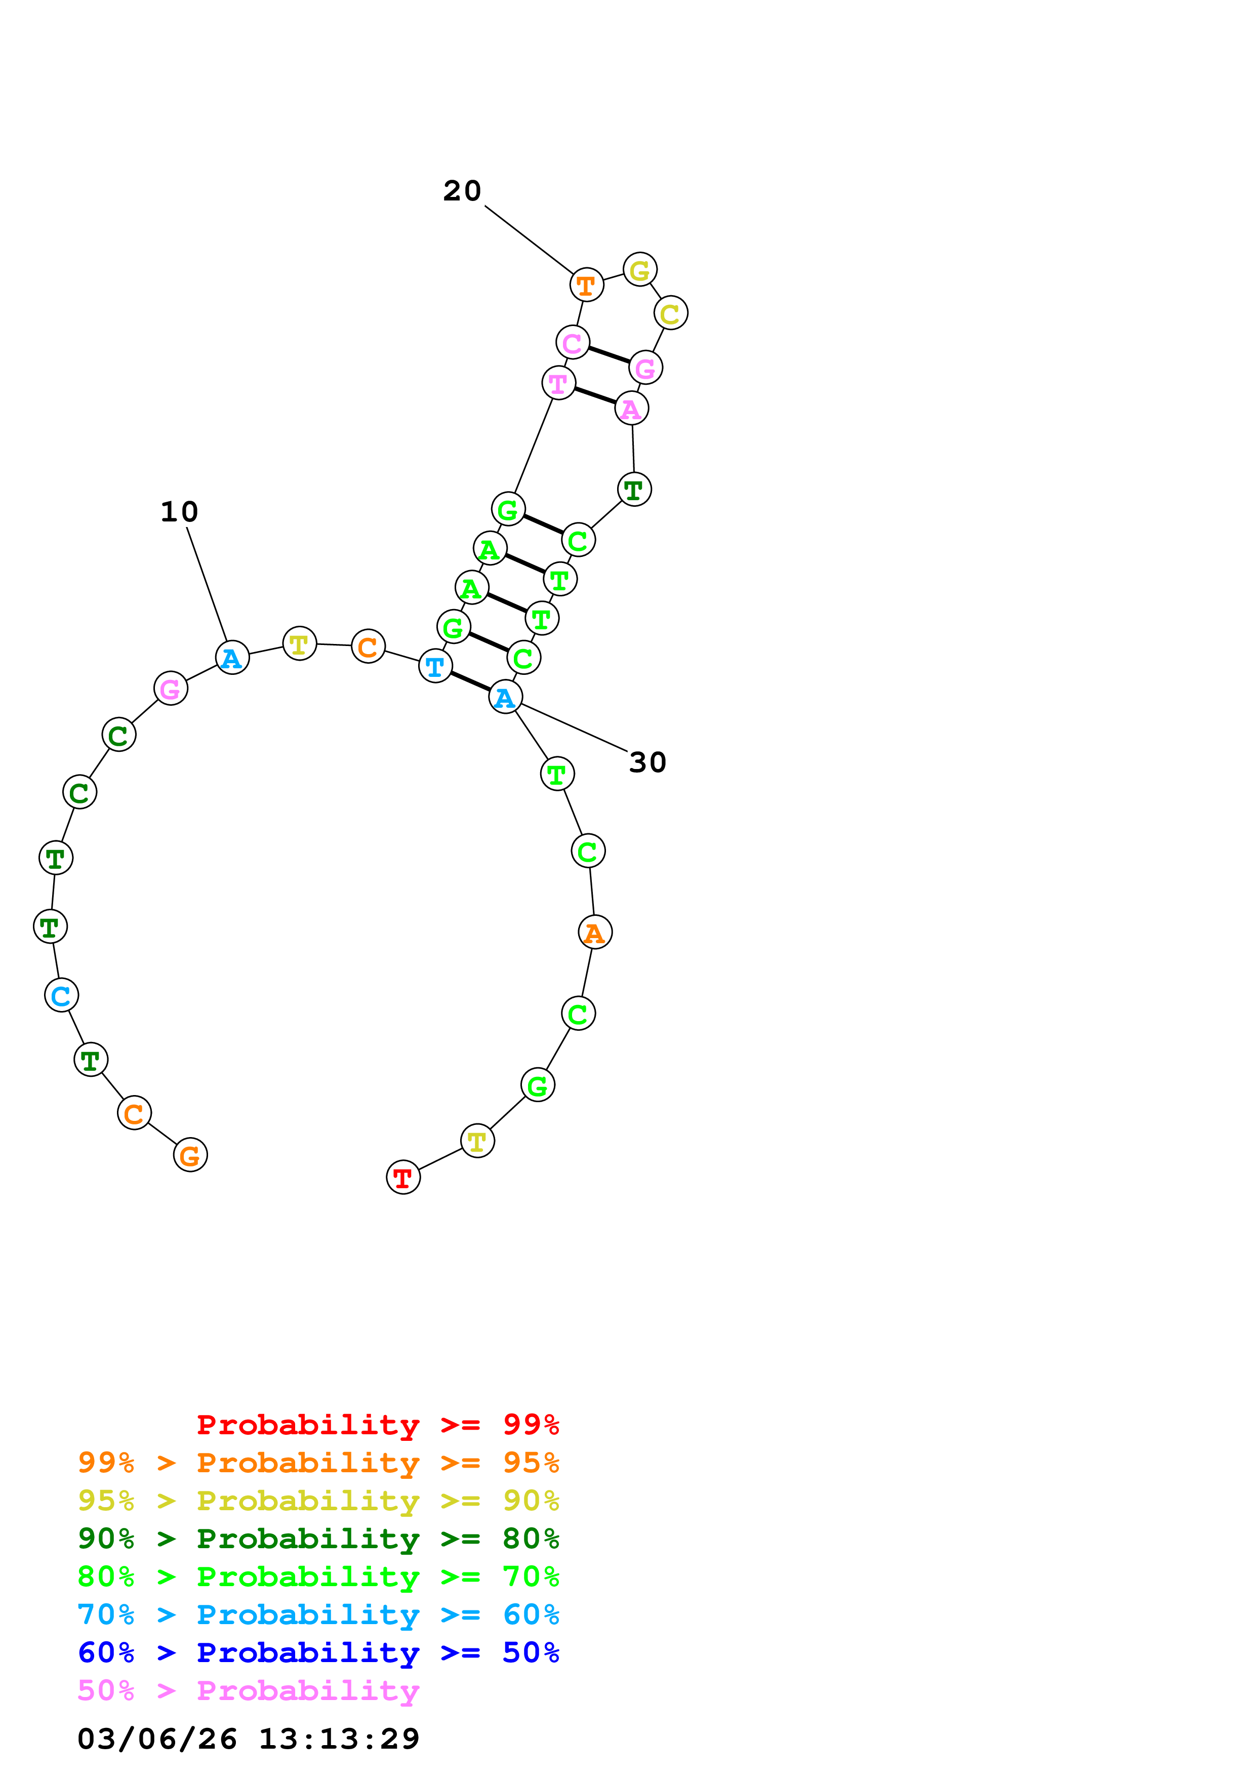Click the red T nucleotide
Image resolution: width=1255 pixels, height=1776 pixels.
403,1177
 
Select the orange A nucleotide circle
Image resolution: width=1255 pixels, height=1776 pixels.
595,932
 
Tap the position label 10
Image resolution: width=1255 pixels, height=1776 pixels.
179,511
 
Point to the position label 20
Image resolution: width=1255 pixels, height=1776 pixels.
462,190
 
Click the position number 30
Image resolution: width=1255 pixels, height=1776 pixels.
647,762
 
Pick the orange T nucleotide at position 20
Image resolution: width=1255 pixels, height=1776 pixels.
586,285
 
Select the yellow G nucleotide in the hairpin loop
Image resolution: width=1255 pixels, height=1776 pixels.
639,270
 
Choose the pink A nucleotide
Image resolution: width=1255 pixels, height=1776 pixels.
631,409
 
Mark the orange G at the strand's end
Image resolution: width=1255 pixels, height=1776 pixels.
190,1155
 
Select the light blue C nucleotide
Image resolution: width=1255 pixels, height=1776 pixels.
61,995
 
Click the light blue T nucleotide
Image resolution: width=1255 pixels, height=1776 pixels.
435,665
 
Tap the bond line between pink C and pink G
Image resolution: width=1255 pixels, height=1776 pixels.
609,355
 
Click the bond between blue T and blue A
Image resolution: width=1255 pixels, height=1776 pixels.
470,681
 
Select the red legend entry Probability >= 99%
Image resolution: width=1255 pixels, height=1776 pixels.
377,1424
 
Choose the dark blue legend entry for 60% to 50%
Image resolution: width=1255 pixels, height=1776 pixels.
318,1652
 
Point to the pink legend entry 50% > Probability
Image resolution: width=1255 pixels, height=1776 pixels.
248,1690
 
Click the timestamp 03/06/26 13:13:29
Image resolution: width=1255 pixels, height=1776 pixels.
248,1738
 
